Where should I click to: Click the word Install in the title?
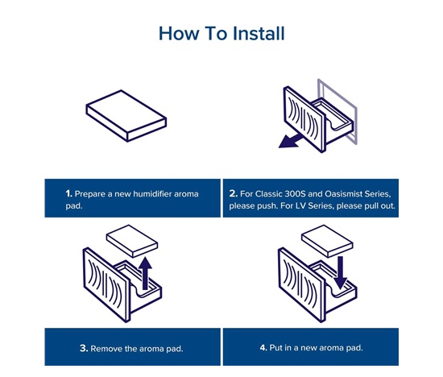click(x=259, y=33)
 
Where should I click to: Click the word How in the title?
click(x=179, y=33)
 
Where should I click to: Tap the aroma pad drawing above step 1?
click(x=126, y=116)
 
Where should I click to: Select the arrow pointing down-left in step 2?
click(x=292, y=140)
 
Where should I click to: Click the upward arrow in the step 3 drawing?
click(x=146, y=273)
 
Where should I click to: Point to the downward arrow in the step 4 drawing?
click(x=341, y=273)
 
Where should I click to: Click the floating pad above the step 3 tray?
click(x=132, y=241)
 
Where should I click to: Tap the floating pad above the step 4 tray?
click(x=327, y=241)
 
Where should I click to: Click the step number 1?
click(x=69, y=193)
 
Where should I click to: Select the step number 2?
click(x=234, y=193)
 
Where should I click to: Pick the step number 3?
click(x=84, y=348)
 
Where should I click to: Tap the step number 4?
click(x=263, y=347)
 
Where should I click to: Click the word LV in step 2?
click(x=300, y=205)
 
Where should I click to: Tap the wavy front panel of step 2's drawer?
click(x=304, y=119)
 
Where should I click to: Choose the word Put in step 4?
click(x=275, y=347)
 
